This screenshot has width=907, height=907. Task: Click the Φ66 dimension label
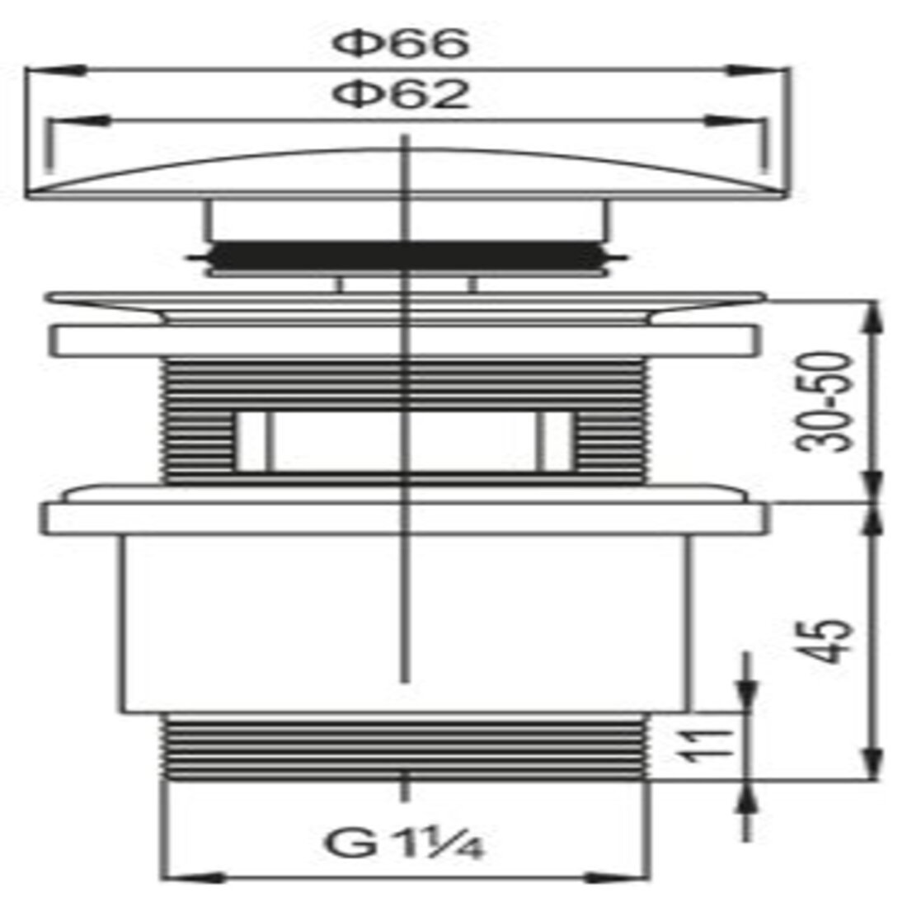coord(400,44)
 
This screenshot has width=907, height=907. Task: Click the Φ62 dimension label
coord(400,94)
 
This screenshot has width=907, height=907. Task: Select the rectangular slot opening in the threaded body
coord(405,441)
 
